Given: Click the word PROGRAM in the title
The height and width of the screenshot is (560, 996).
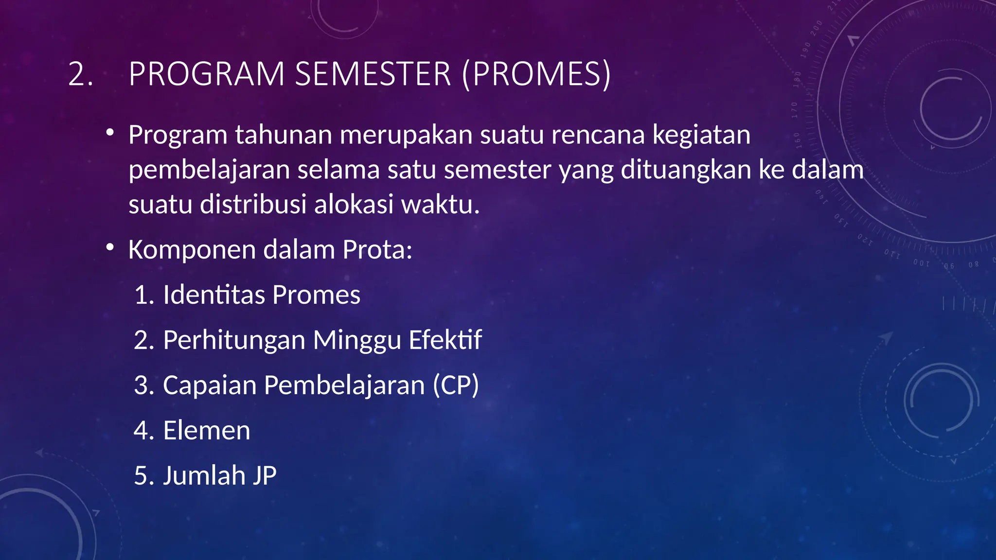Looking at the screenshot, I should (206, 74).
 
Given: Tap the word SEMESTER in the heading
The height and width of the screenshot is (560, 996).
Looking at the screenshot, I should (373, 74).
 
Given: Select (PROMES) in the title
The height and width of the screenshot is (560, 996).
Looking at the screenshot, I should (536, 74).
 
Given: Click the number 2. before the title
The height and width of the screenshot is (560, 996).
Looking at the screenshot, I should (81, 74).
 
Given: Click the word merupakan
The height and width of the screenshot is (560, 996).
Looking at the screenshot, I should (406, 135).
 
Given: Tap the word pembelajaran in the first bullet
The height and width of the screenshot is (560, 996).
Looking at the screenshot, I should (209, 170).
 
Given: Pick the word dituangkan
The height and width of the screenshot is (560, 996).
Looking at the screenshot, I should (686, 170).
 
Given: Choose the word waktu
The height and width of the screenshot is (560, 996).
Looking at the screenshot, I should (440, 204).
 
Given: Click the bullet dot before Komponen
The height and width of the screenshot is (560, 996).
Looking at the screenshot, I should (110, 248).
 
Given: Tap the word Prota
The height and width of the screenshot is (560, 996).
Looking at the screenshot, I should (377, 250).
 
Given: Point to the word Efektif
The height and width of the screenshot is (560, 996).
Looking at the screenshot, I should (445, 340).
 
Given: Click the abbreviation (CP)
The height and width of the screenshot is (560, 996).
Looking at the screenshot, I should (456, 385).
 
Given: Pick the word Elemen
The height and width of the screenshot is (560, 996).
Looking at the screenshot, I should (207, 430).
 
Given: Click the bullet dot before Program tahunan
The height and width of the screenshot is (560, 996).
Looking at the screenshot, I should (110, 133).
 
